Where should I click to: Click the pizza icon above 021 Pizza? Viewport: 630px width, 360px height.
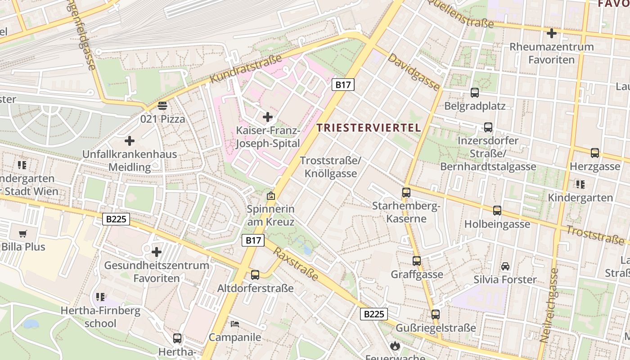point(162,106)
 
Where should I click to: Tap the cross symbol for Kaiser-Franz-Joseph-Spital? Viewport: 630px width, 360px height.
point(268,117)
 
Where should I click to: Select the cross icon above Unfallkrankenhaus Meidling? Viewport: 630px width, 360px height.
point(130,141)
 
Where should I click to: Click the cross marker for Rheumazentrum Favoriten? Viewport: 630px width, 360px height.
point(551,33)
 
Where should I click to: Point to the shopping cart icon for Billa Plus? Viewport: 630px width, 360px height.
point(23,234)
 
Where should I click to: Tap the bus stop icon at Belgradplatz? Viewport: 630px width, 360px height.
point(475,93)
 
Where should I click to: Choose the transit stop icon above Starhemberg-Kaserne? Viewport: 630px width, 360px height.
point(406,193)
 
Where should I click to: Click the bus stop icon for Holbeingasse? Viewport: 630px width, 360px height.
point(497,210)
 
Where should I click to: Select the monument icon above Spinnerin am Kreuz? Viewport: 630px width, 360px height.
point(271,196)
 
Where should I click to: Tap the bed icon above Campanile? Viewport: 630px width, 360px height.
point(235,324)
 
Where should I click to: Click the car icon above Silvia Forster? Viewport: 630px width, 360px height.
point(505,266)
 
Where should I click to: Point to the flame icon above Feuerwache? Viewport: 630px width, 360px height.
point(395,346)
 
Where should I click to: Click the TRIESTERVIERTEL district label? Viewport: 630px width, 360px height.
point(369,127)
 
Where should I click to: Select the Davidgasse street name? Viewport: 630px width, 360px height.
point(414,72)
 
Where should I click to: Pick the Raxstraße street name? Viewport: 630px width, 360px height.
point(296,264)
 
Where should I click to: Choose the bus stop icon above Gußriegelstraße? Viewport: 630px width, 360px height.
point(436,314)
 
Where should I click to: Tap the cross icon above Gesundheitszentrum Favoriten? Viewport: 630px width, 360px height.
point(157,252)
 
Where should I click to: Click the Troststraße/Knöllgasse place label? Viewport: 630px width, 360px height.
point(331,167)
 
